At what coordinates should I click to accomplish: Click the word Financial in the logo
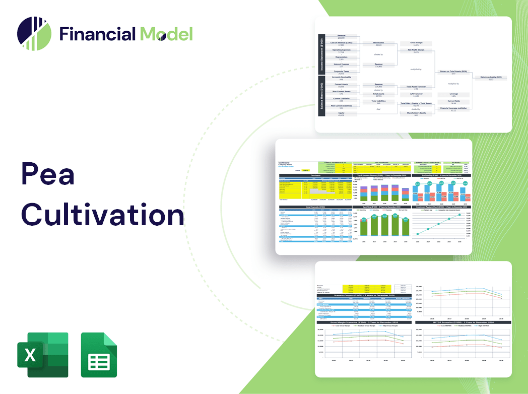pyautogui.click(x=97, y=34)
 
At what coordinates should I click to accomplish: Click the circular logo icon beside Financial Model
pyautogui.click(x=34, y=34)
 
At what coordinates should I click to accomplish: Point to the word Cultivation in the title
pyautogui.click(x=103, y=214)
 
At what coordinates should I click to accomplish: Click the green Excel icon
pyautogui.click(x=43, y=355)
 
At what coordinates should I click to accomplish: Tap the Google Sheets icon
pyautogui.click(x=99, y=355)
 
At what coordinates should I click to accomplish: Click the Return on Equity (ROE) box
pyautogui.click(x=490, y=78)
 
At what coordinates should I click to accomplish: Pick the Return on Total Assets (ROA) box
pyautogui.click(x=453, y=73)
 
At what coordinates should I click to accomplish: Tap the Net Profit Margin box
pyautogui.click(x=416, y=51)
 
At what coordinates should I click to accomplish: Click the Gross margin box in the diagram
pyautogui.click(x=416, y=44)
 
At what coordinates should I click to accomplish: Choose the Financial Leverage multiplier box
pyautogui.click(x=453, y=108)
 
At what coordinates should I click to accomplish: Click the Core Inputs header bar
pyautogui.click(x=315, y=175)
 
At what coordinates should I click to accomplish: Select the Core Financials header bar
pyautogui.click(x=315, y=207)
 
